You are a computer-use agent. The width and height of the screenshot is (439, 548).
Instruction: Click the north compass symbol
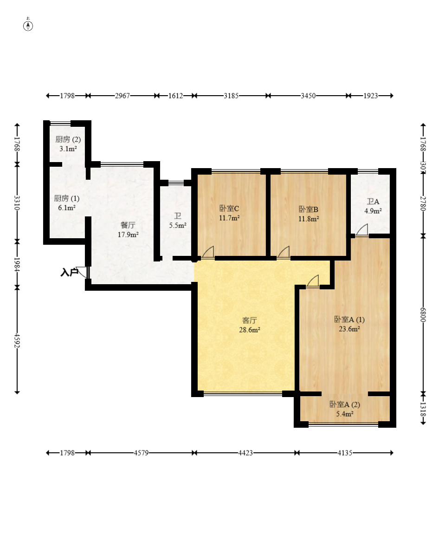coord(28,26)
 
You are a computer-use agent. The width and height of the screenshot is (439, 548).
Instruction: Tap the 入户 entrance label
coord(69,272)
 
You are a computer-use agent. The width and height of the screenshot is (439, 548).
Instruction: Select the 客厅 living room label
coord(250,320)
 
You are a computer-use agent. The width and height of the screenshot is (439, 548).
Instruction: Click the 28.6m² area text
coord(249,330)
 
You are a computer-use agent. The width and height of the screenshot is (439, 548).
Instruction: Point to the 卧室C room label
coord(229,209)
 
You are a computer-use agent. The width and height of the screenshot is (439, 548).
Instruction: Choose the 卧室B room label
coord(309,209)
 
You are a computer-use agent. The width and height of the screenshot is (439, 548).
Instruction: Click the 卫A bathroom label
coord(373,202)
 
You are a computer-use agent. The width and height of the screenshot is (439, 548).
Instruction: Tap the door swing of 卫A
coord(362,229)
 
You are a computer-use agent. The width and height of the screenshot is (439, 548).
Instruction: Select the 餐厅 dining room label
coord(128,225)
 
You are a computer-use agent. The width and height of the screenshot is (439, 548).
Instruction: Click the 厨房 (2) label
coord(68,139)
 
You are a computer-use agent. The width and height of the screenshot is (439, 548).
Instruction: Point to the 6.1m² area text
coord(67,208)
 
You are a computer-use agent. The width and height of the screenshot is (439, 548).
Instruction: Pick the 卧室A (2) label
coord(345,404)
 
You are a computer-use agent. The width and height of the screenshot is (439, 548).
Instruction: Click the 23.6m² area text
coord(349,328)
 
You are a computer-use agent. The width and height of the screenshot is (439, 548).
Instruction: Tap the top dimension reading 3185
coord(231,96)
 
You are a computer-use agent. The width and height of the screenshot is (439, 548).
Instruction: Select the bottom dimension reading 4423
coord(245,453)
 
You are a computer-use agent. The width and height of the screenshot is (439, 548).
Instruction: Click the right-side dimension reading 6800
coord(423,315)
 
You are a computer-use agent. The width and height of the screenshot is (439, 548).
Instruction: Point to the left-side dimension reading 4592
coord(17,340)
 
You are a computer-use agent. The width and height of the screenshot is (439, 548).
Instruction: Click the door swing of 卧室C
coord(208,252)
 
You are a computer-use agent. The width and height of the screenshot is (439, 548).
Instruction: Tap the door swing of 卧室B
coord(284,252)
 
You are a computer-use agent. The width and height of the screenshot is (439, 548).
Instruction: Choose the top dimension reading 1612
coord(176,96)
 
